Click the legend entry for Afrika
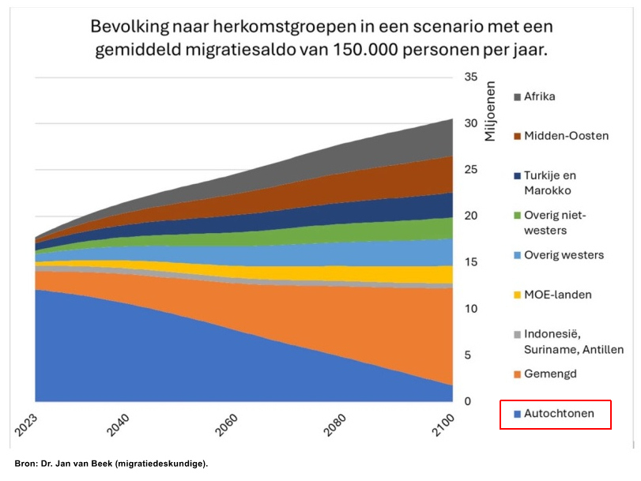pyautogui.click(x=539, y=96)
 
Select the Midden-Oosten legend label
pyautogui.click(x=566, y=136)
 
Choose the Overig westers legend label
pyautogui.click(x=564, y=255)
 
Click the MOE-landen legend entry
pyautogui.click(x=557, y=295)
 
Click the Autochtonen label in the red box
pyautogui.click(x=559, y=413)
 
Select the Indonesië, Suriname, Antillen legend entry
pyautogui.click(x=573, y=341)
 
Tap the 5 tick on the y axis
pyautogui.click(x=469, y=355)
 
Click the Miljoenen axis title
pyautogui.click(x=490, y=111)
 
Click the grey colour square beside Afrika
pyautogui.click(x=517, y=97)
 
